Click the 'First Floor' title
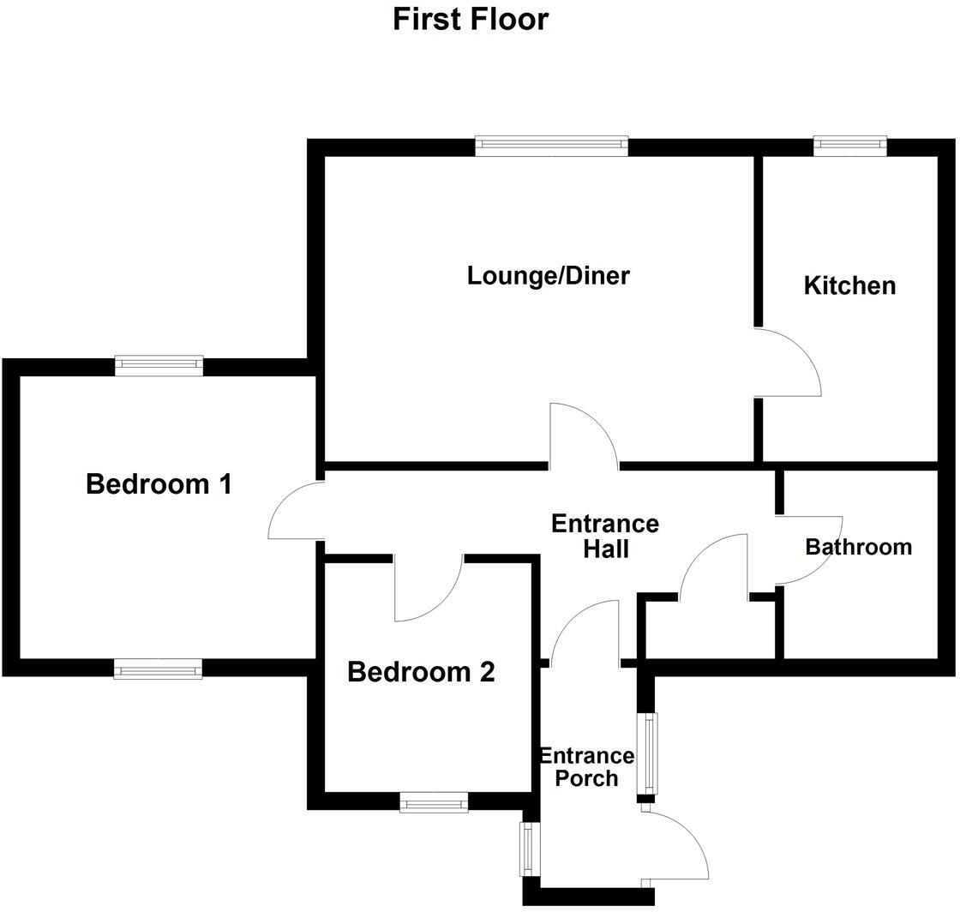tap(471, 19)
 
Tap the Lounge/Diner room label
tap(549, 276)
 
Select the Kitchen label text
tap(849, 285)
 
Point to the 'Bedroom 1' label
tap(159, 484)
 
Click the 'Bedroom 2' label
tap(421, 672)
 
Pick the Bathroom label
tap(858, 547)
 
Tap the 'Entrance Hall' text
tap(605, 536)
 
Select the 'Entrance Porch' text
tap(586, 767)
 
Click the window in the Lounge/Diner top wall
tap(552, 147)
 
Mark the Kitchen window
tap(850, 147)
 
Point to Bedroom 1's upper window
tap(159, 366)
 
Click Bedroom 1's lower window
tap(159, 669)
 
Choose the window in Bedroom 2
tap(434, 802)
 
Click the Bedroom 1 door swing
tap(295, 511)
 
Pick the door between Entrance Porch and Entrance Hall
tap(585, 633)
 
